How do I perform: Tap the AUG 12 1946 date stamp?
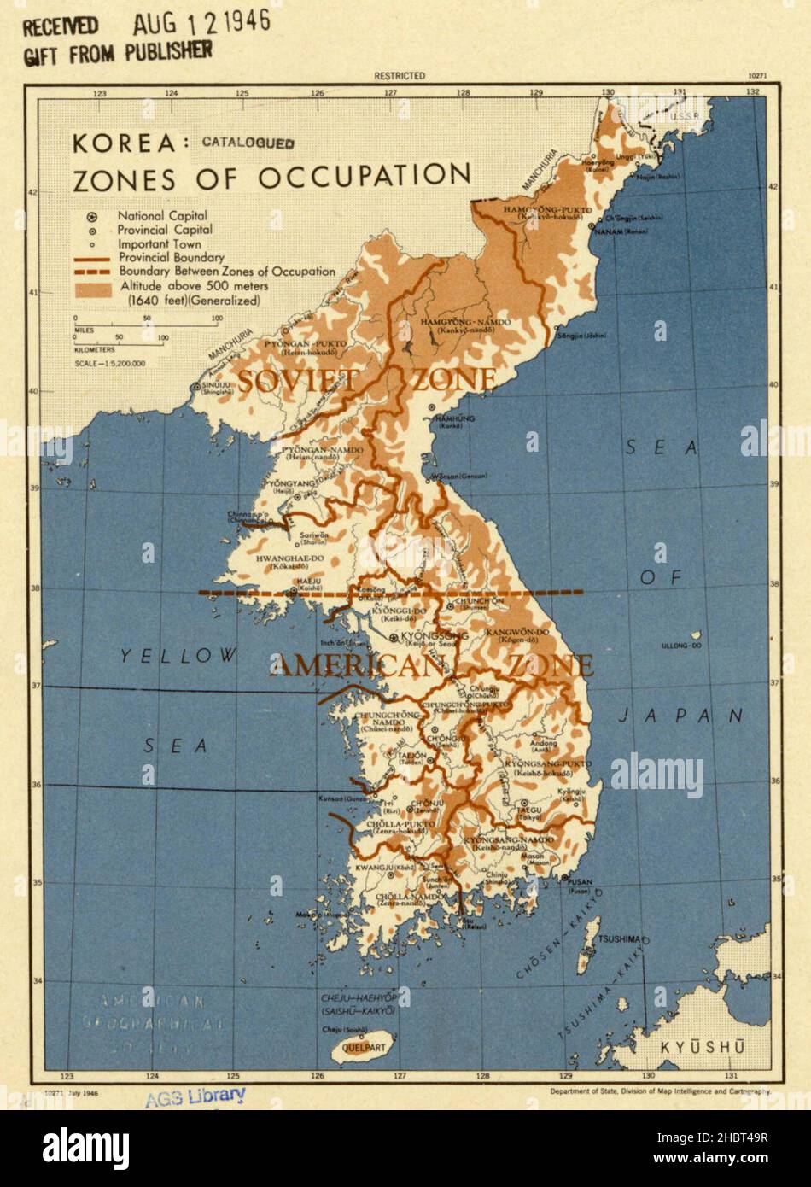201,22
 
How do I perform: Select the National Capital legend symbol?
91,217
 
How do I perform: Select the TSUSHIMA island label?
620,939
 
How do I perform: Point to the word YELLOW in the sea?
178,656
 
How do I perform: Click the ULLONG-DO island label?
685,646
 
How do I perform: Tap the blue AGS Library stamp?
195,1096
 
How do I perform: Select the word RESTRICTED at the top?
400,76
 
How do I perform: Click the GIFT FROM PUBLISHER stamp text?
117,52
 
